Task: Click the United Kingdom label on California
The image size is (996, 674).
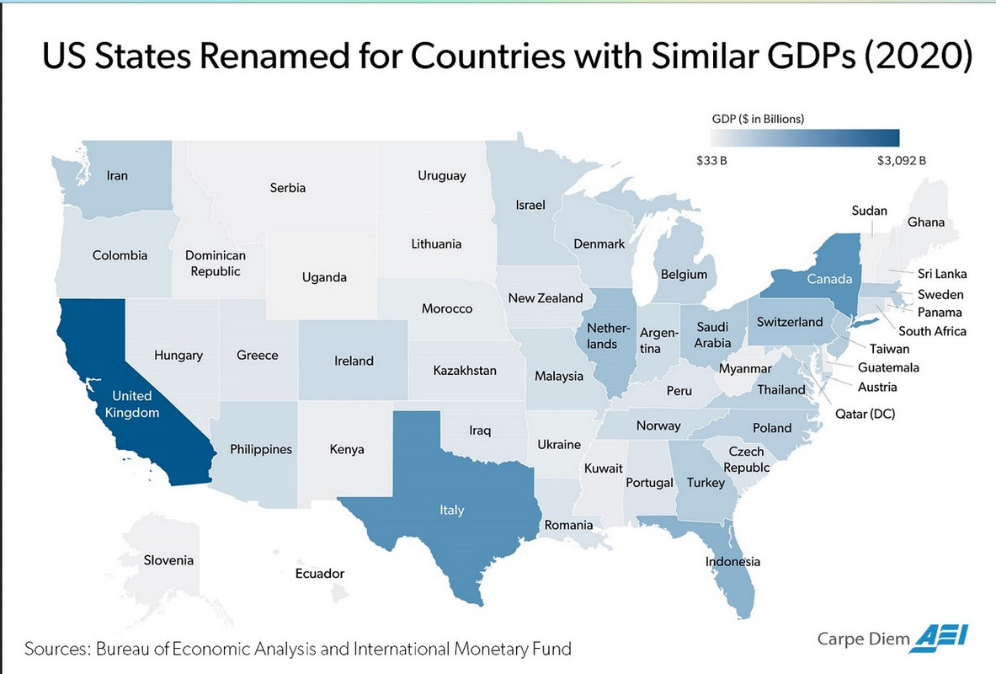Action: [x=132, y=404]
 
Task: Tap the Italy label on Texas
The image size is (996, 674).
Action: [x=451, y=510]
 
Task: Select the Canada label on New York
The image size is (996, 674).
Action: [x=829, y=279]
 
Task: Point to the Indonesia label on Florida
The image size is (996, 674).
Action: [x=732, y=562]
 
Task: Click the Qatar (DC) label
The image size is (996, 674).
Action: [x=865, y=414]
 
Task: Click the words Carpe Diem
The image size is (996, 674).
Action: [x=863, y=639]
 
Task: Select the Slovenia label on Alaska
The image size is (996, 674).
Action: [x=168, y=560]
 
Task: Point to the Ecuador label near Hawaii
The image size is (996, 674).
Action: [x=320, y=574]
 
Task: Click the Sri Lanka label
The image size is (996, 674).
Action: [x=941, y=274]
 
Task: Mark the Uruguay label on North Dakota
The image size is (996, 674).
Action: [x=442, y=176]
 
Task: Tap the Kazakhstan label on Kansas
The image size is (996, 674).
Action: [x=465, y=371]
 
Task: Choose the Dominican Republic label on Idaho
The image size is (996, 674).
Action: [x=216, y=263]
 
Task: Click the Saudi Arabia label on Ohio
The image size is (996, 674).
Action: [x=713, y=334]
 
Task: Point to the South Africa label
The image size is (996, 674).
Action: [x=932, y=331]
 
